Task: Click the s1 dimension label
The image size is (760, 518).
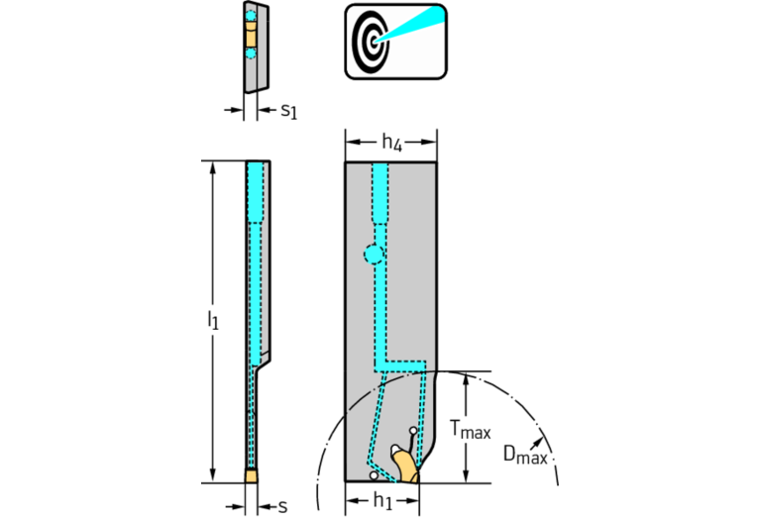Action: (x=289, y=111)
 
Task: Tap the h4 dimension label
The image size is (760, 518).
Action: (x=391, y=143)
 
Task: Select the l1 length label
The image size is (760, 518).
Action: (x=213, y=320)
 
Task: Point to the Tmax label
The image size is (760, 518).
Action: (x=470, y=429)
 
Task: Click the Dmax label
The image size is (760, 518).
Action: (x=525, y=456)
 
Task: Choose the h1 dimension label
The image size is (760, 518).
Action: (x=382, y=501)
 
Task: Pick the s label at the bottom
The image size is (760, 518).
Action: (x=282, y=507)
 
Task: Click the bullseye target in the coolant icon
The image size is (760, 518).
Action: (x=372, y=42)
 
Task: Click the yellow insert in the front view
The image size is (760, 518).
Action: (x=406, y=466)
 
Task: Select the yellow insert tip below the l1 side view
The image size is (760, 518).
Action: (x=251, y=475)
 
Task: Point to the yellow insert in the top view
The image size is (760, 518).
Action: (x=251, y=34)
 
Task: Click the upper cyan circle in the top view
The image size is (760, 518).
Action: (x=250, y=16)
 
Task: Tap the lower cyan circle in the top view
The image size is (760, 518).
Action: (x=250, y=52)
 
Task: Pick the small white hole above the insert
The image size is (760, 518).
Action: (x=413, y=430)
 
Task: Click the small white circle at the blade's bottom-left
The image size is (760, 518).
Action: (x=374, y=475)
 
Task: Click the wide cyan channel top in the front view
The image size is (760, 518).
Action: (x=380, y=192)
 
